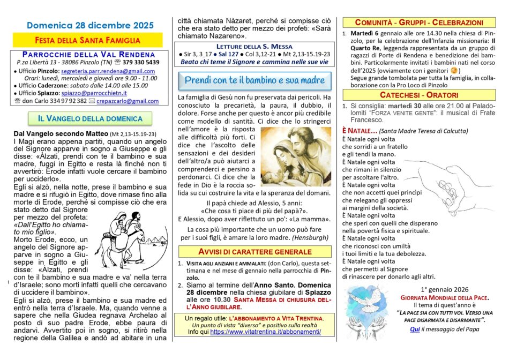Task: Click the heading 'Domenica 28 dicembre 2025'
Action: (x=90, y=25)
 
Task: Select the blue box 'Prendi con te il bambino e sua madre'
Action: (x=254, y=80)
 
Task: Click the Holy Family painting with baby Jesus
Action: (x=296, y=156)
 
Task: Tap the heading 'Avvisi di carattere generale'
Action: (x=254, y=251)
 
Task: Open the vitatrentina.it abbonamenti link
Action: (x=266, y=332)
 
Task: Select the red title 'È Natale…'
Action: (x=360, y=131)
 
